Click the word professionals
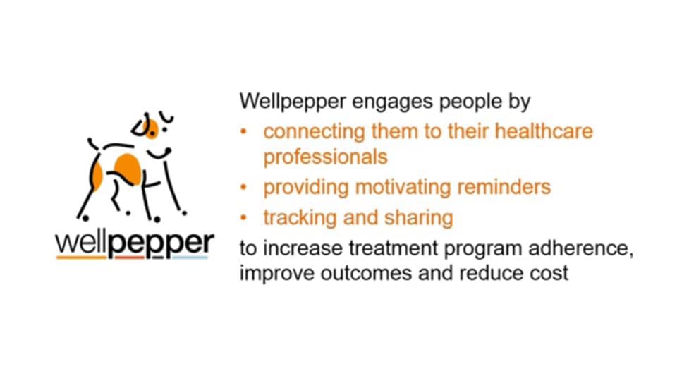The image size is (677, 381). [x=325, y=156]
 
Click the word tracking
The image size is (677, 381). [x=299, y=218]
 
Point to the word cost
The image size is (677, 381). [x=549, y=272]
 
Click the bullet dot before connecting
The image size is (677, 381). [x=244, y=132]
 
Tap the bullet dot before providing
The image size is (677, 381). [x=244, y=188]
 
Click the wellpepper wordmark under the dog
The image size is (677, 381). [x=134, y=243]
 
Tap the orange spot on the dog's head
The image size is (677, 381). [x=151, y=128]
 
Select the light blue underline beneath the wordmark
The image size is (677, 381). [x=190, y=258]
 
